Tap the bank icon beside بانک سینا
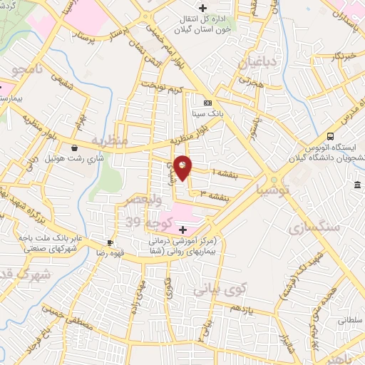point(207,103)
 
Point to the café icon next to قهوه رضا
point(110,242)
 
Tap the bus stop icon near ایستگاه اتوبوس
point(330,136)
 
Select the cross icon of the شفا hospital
point(183,230)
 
